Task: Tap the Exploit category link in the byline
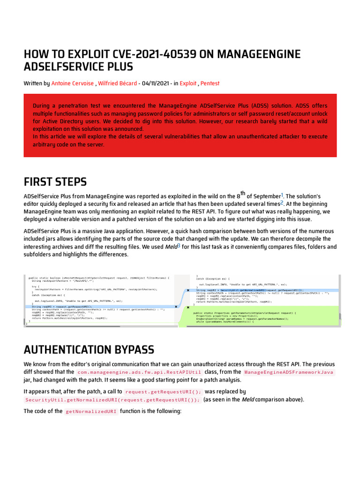coord(188,83)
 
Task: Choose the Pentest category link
coord(210,83)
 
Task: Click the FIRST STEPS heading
coord(55,181)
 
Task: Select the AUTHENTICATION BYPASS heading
coord(89,349)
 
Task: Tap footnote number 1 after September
coord(282,195)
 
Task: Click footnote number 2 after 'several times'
coord(269,203)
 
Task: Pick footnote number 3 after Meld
coord(179,246)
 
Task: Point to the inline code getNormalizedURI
coord(91,412)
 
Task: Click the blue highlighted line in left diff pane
coord(101,306)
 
